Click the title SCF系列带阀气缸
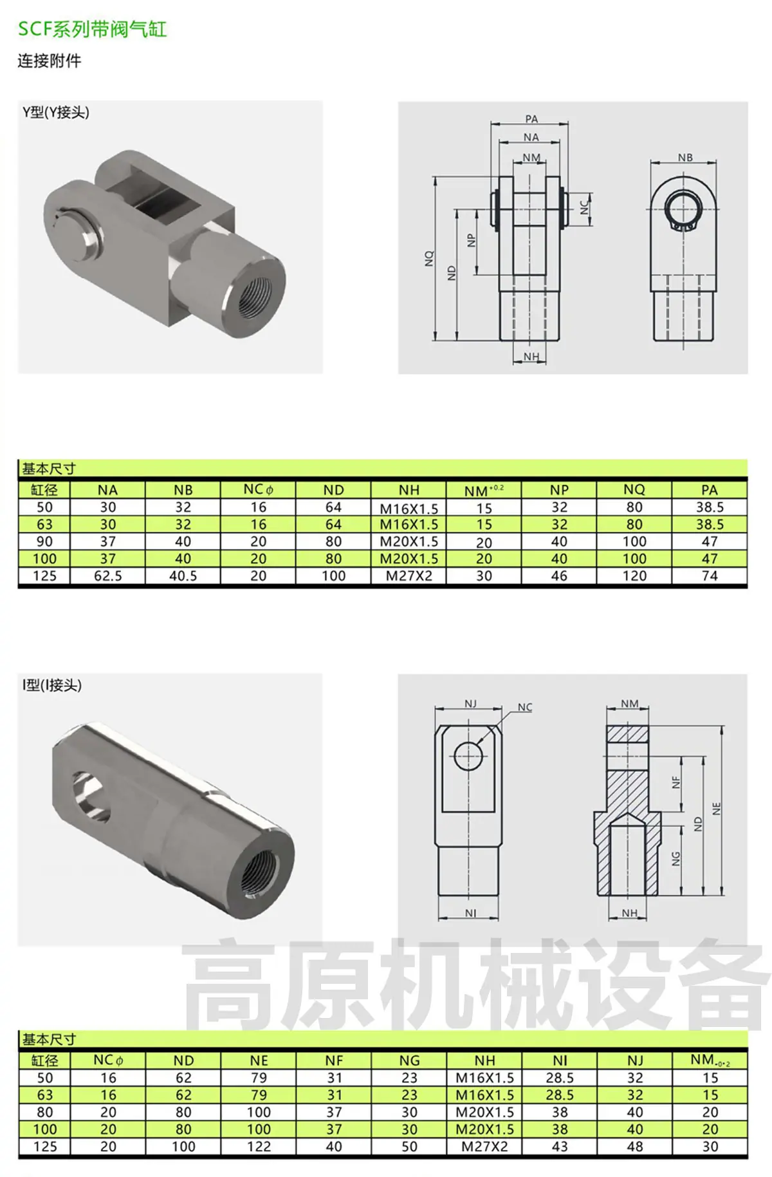coord(92,29)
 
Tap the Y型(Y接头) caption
coord(56,112)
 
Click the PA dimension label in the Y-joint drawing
coord(531,119)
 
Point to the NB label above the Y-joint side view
coord(685,158)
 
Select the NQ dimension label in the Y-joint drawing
coord(430,259)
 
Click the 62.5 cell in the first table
coord(108,576)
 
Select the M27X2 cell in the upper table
coord(409,576)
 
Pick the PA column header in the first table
coord(710,490)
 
